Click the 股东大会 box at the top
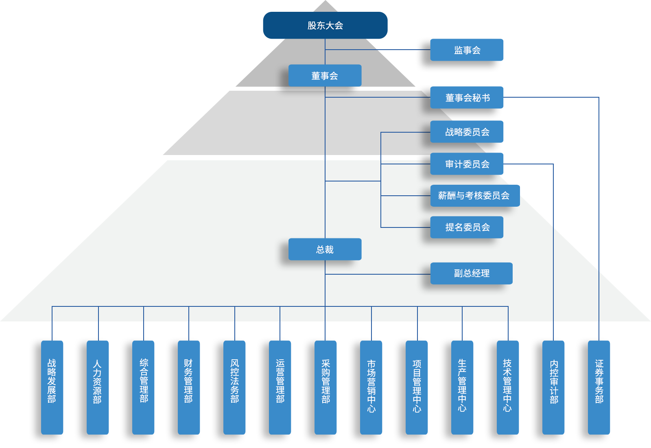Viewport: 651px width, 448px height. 325,25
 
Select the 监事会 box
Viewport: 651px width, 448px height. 467,50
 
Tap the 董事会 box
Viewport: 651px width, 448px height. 325,76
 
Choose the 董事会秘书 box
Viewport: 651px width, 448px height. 467,98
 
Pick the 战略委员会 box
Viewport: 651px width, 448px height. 467,132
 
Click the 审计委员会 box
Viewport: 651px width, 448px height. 467,164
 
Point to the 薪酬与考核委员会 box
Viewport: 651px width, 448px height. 474,196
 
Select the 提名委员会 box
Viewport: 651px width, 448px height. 467,227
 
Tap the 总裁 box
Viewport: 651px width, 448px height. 325,249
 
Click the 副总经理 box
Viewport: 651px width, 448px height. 471,273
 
